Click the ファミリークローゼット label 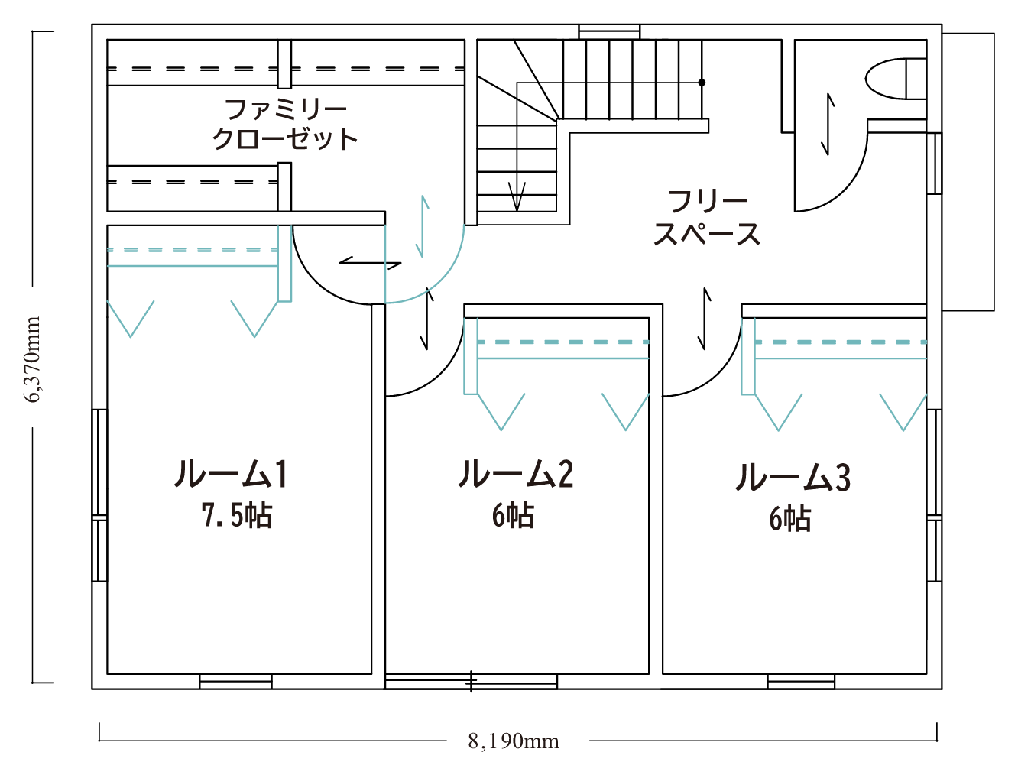[x=285, y=125]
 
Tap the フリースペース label [x=707, y=218]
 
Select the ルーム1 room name [x=231, y=474]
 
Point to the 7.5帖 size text [x=236, y=515]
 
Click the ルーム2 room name [x=516, y=474]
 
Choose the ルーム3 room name [x=793, y=477]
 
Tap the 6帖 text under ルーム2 [x=513, y=515]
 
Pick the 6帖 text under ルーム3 [x=790, y=518]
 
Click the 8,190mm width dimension [x=514, y=741]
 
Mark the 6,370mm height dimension [x=32, y=360]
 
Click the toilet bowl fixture [x=896, y=79]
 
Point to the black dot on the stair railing [x=702, y=83]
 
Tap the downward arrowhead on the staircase [x=517, y=196]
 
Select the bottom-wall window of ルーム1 [x=235, y=681]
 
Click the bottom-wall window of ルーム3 [x=801, y=681]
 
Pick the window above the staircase [x=609, y=32]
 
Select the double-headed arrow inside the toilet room [x=828, y=125]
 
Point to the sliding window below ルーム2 [x=472, y=681]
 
